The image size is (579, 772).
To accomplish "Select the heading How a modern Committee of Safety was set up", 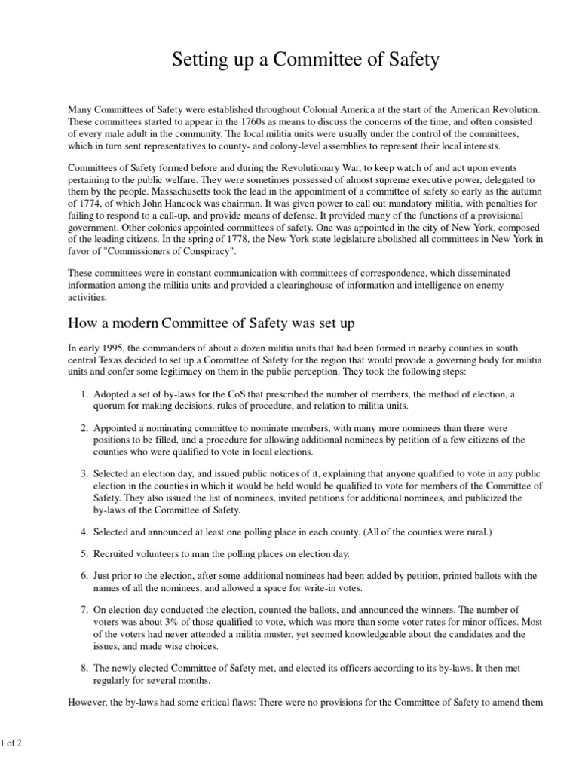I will pos(211,323).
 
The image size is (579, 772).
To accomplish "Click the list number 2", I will pos(84,427).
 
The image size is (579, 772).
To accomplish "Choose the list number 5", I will pos(84,553).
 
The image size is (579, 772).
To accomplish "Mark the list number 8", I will pos(84,668).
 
